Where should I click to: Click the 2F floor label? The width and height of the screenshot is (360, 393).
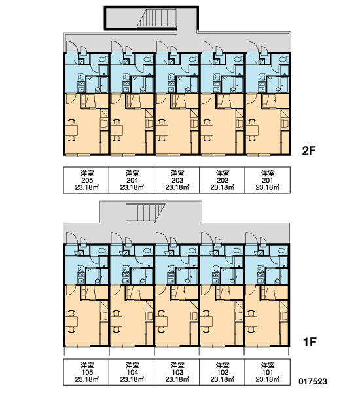(309, 151)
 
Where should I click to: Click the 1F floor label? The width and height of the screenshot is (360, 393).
(310, 342)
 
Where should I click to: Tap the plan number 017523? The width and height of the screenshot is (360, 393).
(313, 381)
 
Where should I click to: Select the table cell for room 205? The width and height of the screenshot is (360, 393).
(86, 180)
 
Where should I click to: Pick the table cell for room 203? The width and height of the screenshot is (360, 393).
(177, 180)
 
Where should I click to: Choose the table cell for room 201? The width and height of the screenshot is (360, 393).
(267, 180)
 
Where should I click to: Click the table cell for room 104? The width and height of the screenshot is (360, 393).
(132, 372)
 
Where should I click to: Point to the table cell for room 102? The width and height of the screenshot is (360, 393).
(222, 372)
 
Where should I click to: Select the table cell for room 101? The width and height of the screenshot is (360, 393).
(267, 372)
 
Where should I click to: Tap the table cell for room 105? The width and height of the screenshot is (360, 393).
(86, 372)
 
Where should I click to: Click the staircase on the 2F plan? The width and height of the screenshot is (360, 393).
(157, 18)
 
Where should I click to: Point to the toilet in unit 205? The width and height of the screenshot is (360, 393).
(103, 60)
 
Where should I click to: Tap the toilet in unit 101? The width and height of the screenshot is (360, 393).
(283, 251)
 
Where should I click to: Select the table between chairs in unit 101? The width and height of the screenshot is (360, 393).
(251, 322)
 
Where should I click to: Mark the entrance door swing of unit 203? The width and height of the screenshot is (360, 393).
(160, 47)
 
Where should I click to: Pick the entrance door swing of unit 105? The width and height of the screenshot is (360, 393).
(71, 238)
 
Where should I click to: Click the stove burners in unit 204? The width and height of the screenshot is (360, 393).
(126, 84)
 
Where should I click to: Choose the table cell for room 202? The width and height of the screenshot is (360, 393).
(222, 180)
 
